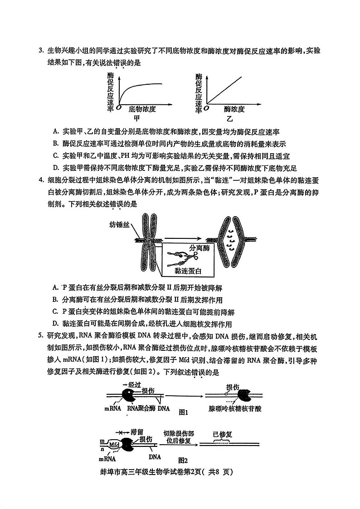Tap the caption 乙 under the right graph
point(229,119)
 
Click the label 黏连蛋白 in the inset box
point(187,271)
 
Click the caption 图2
point(183,459)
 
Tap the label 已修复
point(222,434)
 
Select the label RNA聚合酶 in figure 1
point(141,408)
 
